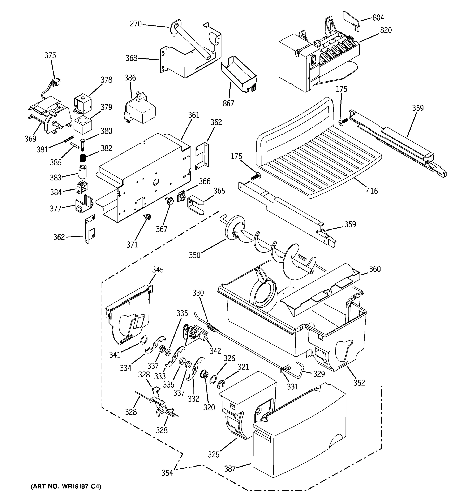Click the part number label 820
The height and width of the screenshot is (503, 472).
click(386, 30)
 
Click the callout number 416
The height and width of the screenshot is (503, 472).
click(372, 191)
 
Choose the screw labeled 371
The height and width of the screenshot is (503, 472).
click(147, 216)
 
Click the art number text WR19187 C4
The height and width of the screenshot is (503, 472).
click(66, 486)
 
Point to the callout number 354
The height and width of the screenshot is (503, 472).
click(167, 473)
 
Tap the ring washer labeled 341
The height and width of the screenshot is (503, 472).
click(143, 340)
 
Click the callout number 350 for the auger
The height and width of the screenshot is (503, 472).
click(194, 255)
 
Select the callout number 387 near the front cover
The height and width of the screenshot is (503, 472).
click(230, 469)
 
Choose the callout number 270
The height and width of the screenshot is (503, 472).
click(136, 24)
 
